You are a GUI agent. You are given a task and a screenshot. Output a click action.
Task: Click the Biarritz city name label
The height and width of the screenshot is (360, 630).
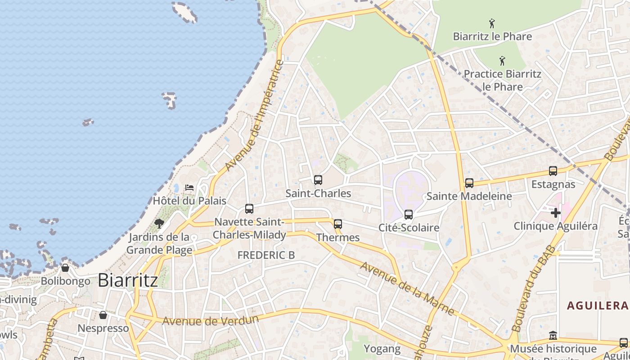127,280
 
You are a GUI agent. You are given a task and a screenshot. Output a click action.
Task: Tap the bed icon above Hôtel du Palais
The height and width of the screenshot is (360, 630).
189,187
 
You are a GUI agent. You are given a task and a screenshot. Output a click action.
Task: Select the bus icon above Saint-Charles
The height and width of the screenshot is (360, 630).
318,180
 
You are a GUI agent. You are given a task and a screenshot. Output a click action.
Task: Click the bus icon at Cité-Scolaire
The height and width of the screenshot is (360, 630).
409,215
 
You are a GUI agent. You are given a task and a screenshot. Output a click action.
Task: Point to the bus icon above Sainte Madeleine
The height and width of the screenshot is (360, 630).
469,183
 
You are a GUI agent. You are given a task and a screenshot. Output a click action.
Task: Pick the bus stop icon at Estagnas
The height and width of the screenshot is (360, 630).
553,171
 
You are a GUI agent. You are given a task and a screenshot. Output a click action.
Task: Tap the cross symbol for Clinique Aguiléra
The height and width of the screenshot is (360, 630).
556,212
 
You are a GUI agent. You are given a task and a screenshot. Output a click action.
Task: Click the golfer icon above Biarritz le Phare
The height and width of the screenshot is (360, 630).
492,23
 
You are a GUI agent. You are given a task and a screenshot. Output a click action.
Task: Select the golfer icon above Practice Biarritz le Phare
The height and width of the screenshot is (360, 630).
502,61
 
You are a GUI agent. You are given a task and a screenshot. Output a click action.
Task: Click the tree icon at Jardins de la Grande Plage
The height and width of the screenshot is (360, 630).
159,223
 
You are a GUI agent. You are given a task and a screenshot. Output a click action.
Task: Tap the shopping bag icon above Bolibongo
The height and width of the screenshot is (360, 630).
65,268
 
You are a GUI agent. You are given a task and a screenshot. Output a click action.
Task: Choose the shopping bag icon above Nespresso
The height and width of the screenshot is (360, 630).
103,315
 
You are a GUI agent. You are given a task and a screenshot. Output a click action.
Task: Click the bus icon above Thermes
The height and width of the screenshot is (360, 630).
338,224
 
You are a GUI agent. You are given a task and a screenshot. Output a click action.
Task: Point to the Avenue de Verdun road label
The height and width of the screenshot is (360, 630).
211,321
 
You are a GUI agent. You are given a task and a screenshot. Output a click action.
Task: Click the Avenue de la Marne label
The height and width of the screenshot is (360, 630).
407,288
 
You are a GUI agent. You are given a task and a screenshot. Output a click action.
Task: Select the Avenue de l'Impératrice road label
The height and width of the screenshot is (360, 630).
255,116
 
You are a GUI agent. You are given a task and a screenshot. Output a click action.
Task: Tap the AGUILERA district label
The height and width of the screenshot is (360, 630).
597,306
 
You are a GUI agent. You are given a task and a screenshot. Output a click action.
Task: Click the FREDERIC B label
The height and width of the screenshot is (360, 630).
266,255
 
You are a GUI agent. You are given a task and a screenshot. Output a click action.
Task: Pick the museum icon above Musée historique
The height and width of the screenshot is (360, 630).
553,336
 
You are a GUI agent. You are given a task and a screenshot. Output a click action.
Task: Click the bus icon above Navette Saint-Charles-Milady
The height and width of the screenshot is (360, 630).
249,208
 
